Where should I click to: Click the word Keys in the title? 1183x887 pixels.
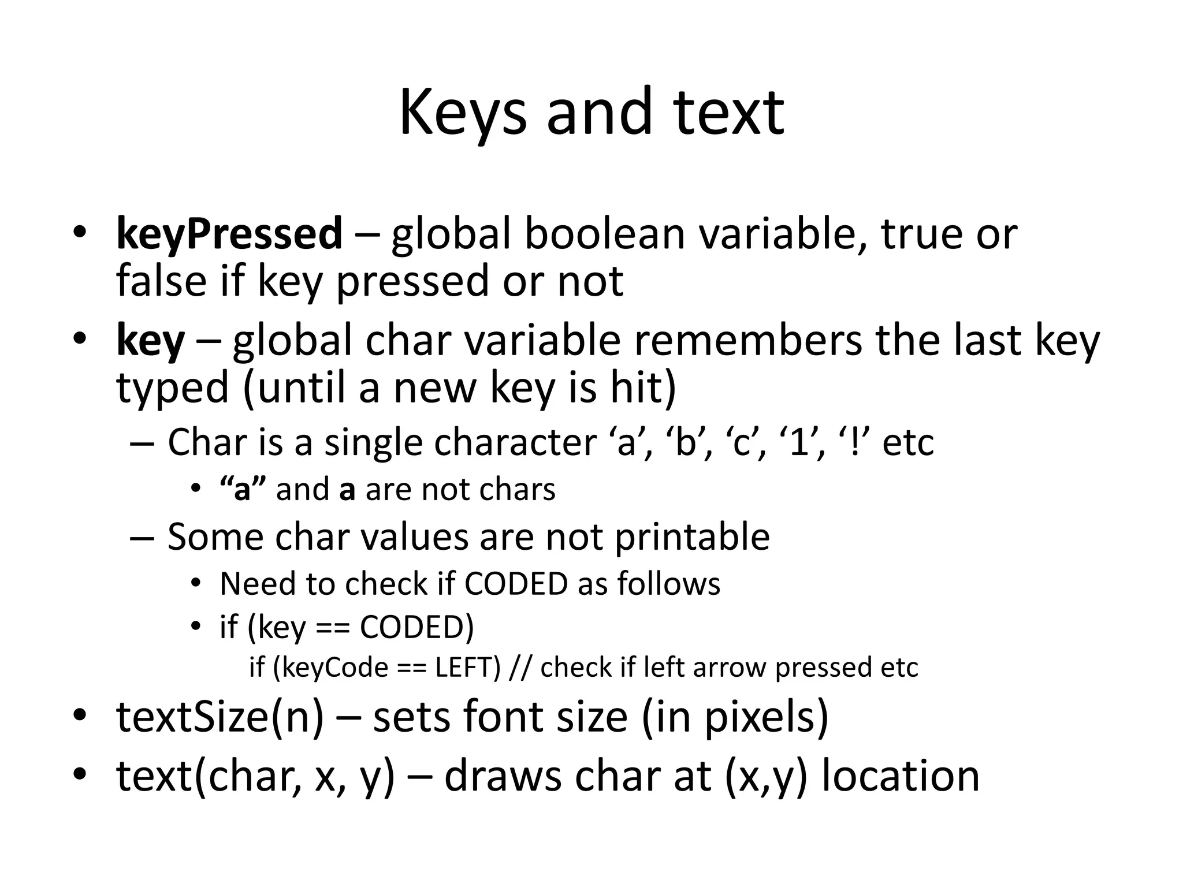click(462, 113)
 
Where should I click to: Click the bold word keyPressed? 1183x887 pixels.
click(229, 234)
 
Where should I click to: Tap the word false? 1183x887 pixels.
click(161, 281)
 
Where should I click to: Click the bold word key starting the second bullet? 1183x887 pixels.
click(150, 341)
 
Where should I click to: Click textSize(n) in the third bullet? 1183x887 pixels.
click(220, 717)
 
